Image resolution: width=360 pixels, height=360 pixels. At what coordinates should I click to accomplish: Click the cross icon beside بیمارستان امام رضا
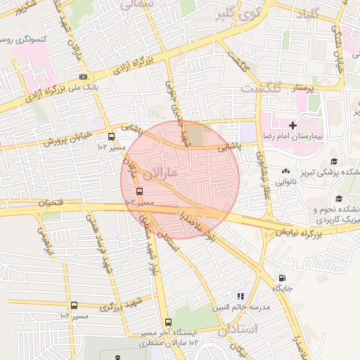click(x=293, y=125)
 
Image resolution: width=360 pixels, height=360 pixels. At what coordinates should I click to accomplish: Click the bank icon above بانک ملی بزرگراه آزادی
click(x=84, y=77)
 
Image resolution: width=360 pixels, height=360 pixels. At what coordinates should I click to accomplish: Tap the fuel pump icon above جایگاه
click(x=282, y=278)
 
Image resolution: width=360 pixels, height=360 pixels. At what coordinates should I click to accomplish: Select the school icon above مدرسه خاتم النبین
click(x=241, y=297)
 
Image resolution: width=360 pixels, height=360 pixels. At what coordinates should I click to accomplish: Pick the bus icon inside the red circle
click(x=139, y=191)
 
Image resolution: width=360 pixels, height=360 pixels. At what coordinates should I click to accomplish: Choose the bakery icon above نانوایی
click(x=285, y=172)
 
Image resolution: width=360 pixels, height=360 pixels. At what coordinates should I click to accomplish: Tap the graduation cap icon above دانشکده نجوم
click(x=339, y=199)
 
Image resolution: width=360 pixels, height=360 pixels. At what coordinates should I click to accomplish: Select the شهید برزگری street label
click(x=121, y=306)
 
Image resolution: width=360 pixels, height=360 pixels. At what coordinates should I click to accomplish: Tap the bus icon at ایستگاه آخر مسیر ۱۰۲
click(x=167, y=322)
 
